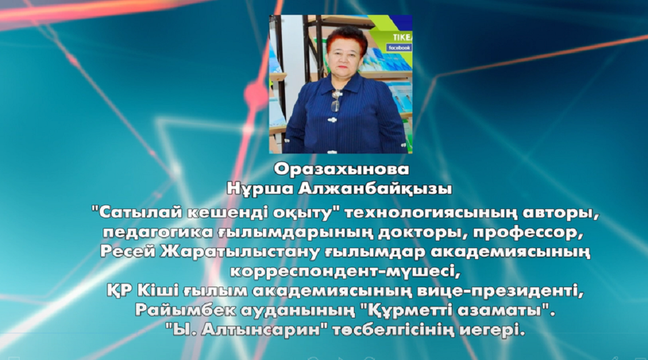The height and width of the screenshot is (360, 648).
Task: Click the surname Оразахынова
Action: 341,169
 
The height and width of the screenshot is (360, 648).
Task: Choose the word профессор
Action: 528,233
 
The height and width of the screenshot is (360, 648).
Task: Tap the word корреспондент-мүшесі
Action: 345,271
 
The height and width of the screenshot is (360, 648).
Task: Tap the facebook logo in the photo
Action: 399,48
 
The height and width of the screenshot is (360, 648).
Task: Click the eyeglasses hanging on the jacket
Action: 336,101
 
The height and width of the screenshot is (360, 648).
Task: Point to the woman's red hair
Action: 347,40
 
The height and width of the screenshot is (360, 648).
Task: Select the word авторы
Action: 561,213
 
